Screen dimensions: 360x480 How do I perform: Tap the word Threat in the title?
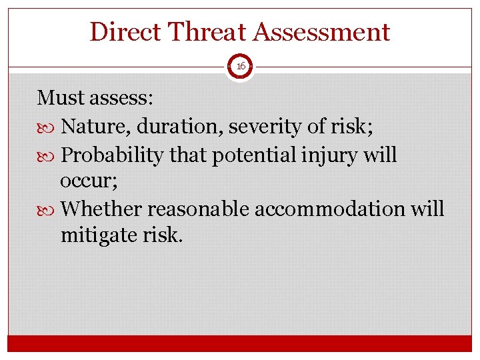tap(202, 32)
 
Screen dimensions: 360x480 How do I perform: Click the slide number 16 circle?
tap(240, 67)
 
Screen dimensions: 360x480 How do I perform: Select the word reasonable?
tap(199, 209)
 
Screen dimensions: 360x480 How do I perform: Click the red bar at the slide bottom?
tap(240, 343)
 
